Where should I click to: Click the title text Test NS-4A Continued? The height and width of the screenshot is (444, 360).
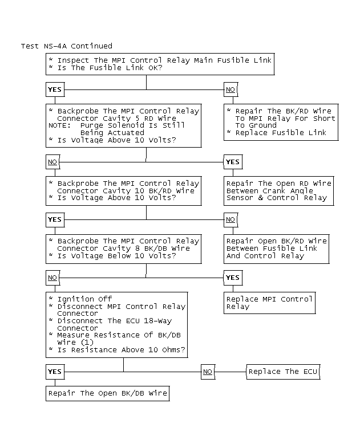[66, 46]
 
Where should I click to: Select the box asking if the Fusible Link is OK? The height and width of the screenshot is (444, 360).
[160, 64]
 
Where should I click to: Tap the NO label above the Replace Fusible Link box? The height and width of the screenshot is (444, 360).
[230, 89]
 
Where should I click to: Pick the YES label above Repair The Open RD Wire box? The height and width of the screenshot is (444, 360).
[233, 162]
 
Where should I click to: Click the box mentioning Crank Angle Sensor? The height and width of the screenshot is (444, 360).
[278, 190]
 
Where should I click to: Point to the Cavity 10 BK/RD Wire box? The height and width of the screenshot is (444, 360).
[124, 190]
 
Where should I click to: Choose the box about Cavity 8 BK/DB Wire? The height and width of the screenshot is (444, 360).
[124, 248]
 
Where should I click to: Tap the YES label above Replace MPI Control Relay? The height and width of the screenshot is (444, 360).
[233, 278]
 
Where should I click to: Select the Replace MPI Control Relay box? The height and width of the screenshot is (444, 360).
[269, 302]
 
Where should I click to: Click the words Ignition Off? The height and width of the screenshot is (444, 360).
[84, 299]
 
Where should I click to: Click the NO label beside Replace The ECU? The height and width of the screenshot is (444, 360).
[208, 372]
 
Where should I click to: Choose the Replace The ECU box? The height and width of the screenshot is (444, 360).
[284, 372]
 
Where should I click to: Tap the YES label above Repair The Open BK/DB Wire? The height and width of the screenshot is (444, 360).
[54, 372]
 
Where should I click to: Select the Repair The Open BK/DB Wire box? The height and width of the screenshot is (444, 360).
[108, 393]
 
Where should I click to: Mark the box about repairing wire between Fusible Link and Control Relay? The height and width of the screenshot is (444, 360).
[277, 248]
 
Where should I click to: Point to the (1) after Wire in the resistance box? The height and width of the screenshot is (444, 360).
[87, 343]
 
